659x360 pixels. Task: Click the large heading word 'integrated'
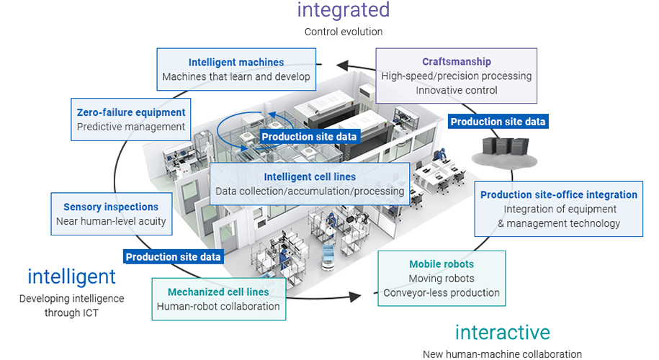pos(344,10)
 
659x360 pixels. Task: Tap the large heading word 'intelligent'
pos(71,276)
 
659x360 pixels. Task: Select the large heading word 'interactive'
pos(502,332)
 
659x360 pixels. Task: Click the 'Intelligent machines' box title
pos(236,63)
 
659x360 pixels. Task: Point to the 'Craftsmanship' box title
pos(457,62)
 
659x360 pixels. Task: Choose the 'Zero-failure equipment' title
pos(131,112)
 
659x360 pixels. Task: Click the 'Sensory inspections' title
pos(111,207)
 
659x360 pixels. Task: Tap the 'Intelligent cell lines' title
pos(310,176)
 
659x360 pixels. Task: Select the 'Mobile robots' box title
pos(441,264)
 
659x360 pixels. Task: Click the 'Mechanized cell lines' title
pos(218,292)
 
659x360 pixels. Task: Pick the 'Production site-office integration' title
pos(559,194)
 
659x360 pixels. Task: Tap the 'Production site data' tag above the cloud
pos(498,122)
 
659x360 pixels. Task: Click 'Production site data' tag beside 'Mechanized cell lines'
pos(174,256)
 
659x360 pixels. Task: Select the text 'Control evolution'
pos(344,32)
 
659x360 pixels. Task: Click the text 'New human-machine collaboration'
pos(502,354)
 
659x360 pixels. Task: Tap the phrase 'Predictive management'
pos(131,127)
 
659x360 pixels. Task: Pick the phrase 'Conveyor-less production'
pos(441,293)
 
